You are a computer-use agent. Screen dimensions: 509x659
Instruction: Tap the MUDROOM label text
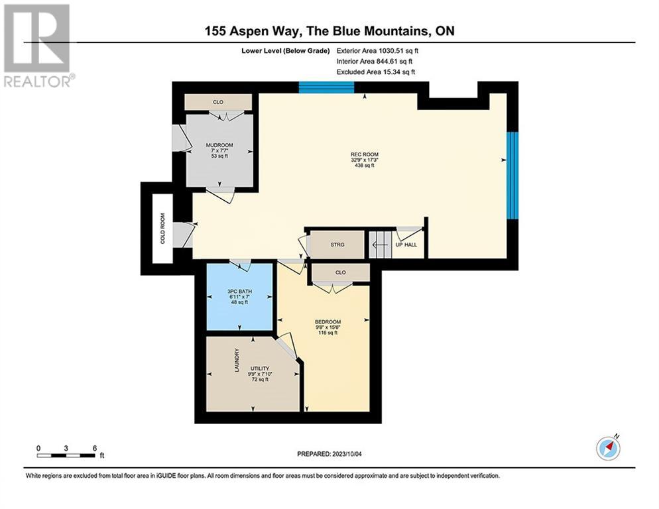coord(219,145)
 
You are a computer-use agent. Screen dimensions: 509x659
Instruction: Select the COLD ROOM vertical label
coord(162,227)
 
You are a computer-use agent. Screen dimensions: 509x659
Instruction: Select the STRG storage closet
coord(337,245)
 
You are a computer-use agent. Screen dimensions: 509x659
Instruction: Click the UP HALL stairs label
coord(406,245)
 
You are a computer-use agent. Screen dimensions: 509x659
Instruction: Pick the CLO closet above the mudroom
coord(217,102)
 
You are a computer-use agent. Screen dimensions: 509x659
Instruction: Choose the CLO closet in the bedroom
coord(341,272)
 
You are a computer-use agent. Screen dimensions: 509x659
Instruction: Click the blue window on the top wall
coord(325,87)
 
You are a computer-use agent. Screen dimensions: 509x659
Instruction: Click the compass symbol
coord(608,448)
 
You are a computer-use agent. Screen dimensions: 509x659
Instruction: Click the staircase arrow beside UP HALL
coord(379,245)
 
